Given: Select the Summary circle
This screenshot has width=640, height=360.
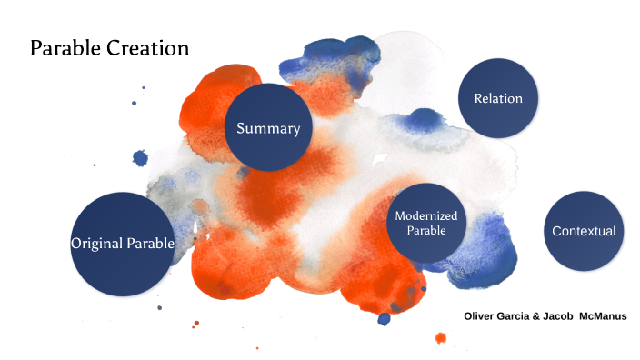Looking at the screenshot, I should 268,128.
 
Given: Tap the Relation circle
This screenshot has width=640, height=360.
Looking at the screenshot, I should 498,98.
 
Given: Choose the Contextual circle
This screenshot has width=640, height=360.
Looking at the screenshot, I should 584,231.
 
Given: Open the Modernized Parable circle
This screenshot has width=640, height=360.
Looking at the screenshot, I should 425,223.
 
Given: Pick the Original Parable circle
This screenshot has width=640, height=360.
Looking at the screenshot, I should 122,243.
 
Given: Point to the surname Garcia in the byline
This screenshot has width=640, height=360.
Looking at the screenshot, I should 525,316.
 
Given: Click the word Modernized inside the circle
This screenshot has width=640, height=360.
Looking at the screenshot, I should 425,215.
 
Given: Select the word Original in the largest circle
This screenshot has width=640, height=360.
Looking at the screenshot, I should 95,244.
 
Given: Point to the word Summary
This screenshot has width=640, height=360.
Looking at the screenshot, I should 268,128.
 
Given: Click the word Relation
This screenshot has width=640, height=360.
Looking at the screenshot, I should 498,98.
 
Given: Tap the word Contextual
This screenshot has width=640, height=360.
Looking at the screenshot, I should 584,231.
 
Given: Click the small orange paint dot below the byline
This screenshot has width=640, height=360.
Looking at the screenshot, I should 441,339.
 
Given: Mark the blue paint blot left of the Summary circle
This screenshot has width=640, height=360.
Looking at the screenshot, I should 140,158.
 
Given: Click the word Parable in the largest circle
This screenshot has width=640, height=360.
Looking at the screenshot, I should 147,244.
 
